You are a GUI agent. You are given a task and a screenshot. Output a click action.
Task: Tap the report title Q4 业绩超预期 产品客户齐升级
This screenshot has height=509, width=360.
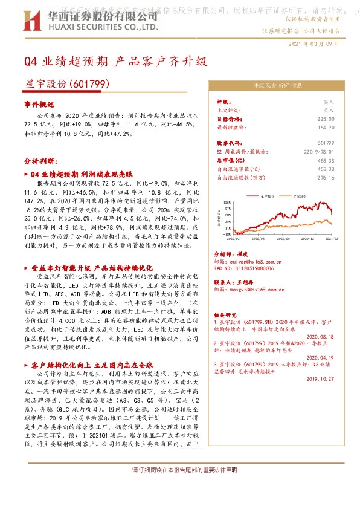coord(115,62)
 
